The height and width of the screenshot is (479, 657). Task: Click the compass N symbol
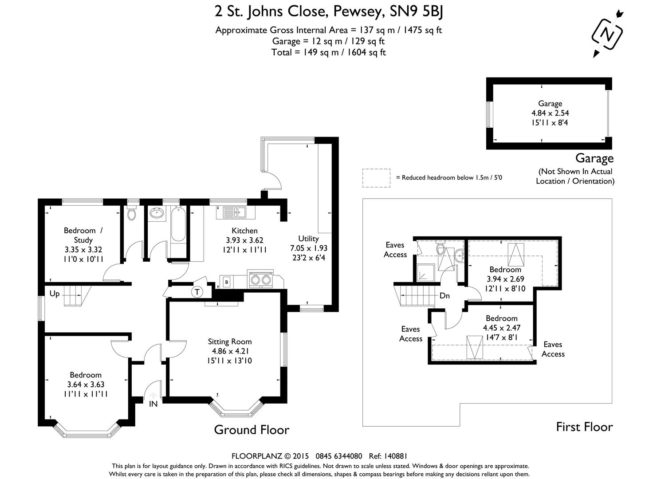coord(608,33)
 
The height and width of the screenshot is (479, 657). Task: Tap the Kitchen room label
coord(244,231)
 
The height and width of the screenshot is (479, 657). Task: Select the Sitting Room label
coord(230,342)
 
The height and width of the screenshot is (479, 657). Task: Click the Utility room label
coord(308,239)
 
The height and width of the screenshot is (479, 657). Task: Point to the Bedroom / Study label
coord(83,235)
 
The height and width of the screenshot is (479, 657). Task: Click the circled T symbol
coord(197,292)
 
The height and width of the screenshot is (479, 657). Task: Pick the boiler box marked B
coord(227,282)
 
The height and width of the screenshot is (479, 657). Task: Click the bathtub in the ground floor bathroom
coord(178,231)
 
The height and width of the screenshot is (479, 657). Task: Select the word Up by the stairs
coord(55,294)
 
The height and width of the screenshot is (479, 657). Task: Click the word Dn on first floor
coord(445,295)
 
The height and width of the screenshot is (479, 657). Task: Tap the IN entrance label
coord(153,404)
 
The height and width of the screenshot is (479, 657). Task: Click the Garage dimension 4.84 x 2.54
coord(550,113)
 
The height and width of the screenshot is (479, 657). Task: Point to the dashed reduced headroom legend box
coord(376,178)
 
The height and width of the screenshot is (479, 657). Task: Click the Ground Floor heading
coord(252,429)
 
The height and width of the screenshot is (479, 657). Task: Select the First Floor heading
coord(584,427)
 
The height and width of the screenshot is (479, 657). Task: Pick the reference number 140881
coord(394,456)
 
